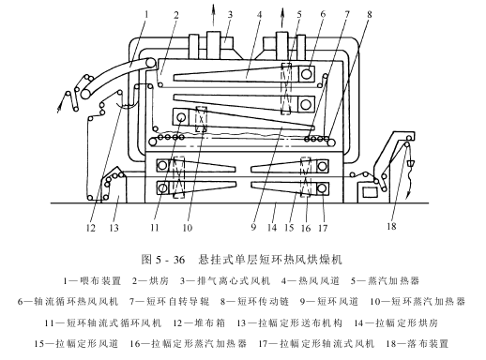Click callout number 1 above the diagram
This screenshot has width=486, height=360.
click(146, 14)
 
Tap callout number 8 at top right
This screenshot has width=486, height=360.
click(370, 14)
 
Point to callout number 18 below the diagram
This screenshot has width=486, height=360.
click(391, 226)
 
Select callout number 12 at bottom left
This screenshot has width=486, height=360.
click(90, 228)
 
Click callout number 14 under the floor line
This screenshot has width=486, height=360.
click(272, 227)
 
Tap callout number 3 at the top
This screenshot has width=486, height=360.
click(230, 14)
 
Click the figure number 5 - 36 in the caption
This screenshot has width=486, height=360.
click(169, 260)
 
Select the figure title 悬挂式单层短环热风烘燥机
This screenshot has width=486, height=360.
click(270, 259)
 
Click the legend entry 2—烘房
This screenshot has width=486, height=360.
click(150, 280)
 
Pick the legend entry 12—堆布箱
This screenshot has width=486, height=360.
click(199, 322)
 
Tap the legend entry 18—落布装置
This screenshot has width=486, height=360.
click(418, 344)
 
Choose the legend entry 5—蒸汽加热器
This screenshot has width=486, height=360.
click(385, 280)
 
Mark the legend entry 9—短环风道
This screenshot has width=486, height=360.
click(329, 302)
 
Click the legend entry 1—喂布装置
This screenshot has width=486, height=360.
click(92, 280)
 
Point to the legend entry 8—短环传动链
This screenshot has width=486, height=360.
click(254, 302)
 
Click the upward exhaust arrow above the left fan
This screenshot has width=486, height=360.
click(213, 15)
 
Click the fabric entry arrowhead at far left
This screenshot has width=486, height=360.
click(59, 109)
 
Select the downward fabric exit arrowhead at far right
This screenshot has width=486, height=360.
click(407, 195)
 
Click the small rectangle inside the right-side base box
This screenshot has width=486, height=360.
click(370, 192)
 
